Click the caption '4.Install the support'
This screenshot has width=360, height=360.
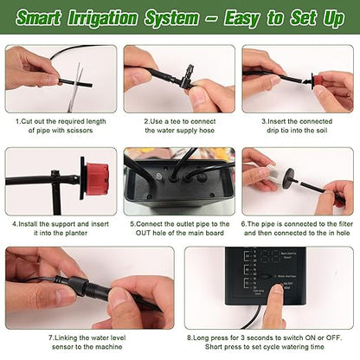click(x=60, y=222)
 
